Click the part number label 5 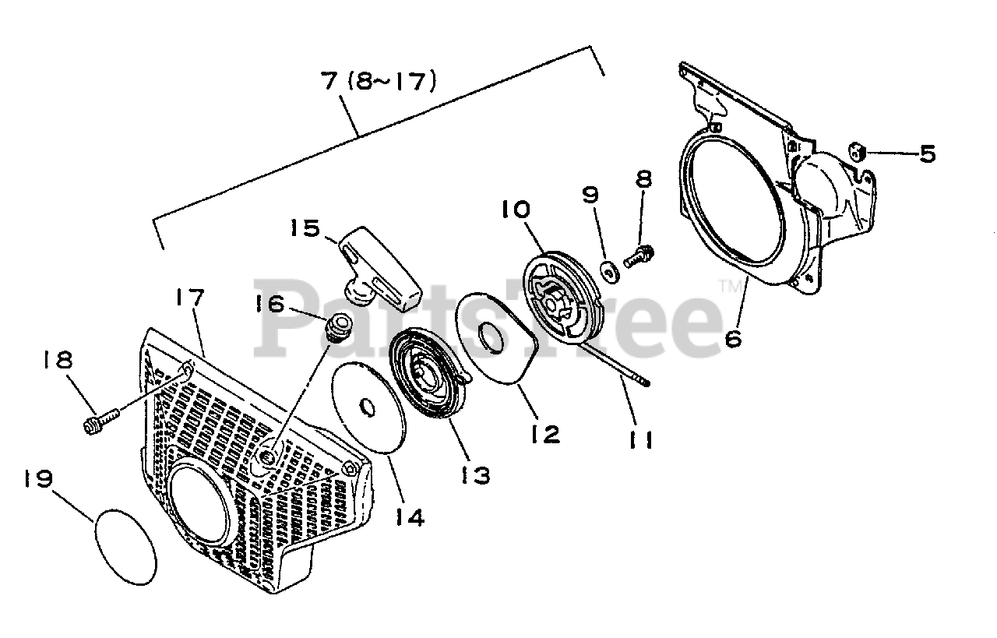pyautogui.click(x=926, y=153)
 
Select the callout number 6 pyautogui.click(x=735, y=337)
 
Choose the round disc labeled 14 pyautogui.click(x=367, y=406)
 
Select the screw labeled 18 pyautogui.click(x=100, y=421)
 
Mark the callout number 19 pyautogui.click(x=37, y=478)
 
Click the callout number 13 pyautogui.click(x=474, y=474)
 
